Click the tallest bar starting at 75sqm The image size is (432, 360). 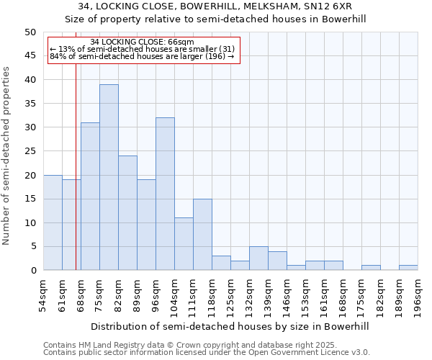coord(109,177)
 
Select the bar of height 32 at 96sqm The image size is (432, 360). coord(165,194)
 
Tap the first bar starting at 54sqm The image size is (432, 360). coord(53,222)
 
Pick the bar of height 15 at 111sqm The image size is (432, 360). coord(202,235)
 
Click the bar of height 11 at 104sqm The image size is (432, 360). coord(184,244)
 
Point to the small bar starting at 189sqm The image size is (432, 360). coord(408,268)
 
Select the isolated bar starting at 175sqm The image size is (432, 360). coord(371,268)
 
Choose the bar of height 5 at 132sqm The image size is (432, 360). coord(258,258)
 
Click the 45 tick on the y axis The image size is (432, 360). coord(30,56)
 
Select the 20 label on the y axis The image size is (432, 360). coord(30,175)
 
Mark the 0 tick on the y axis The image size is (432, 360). coord(32,271)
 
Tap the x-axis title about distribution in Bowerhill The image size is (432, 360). coord(230,326)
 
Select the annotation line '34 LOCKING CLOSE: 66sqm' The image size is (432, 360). coord(142,42)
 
